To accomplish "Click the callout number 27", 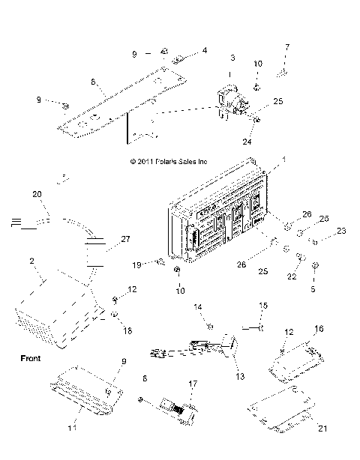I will [x=125, y=239].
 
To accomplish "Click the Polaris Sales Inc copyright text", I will [x=168, y=161].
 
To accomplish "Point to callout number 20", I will [x=37, y=193].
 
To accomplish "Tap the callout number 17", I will [x=193, y=384].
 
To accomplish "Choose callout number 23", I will [x=342, y=231].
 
